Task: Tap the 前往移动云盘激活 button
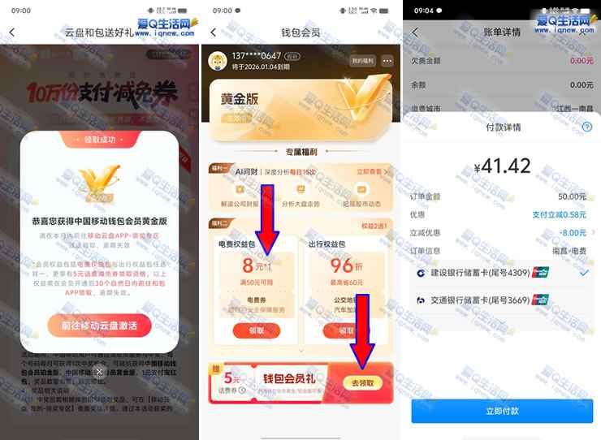point(99,326)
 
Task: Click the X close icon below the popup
point(98,371)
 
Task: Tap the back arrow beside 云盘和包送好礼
point(12,32)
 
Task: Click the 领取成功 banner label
point(99,140)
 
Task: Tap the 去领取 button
point(362,382)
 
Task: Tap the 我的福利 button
point(361,61)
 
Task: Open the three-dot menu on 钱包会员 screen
point(387,61)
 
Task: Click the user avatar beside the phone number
point(218,61)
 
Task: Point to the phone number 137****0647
point(257,55)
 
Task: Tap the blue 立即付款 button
point(501,411)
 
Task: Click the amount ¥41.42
point(502,166)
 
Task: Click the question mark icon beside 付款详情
point(586,127)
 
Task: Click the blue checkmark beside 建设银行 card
point(584,273)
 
